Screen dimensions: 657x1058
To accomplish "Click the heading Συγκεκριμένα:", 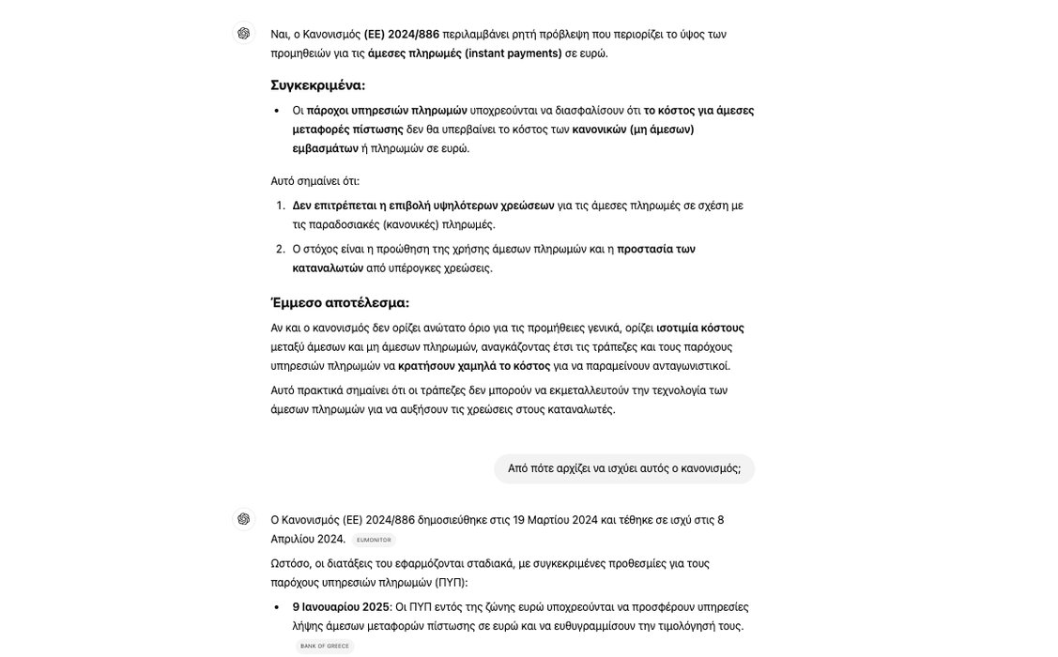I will (317, 85).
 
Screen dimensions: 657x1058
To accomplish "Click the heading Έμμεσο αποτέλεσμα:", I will (340, 303).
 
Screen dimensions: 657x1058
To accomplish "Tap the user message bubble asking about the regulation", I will (624, 468).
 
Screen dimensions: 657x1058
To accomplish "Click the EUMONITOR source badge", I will (374, 540).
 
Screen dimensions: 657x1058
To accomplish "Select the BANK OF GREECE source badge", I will (325, 646).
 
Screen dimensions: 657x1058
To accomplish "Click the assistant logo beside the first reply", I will (244, 34).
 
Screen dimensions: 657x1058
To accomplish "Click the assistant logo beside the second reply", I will (244, 519).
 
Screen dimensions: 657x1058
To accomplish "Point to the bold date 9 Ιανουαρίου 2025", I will (341, 607).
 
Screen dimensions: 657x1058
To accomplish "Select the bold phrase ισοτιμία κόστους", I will (699, 328).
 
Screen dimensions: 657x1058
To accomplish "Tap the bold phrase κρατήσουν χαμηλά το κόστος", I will (474, 366).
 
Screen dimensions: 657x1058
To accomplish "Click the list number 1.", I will (280, 206).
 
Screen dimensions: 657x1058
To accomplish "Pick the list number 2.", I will (280, 249).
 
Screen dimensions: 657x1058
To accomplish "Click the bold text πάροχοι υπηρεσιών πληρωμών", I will (387, 111).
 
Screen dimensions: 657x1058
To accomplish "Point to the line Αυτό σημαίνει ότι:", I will (314, 181).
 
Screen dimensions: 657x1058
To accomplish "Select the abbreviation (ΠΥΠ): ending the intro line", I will (452, 583).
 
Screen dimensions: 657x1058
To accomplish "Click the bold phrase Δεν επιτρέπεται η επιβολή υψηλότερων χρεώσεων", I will (423, 206).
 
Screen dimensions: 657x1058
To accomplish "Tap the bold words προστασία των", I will (655, 249).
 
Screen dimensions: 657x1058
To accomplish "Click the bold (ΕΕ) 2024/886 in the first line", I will (401, 35).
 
